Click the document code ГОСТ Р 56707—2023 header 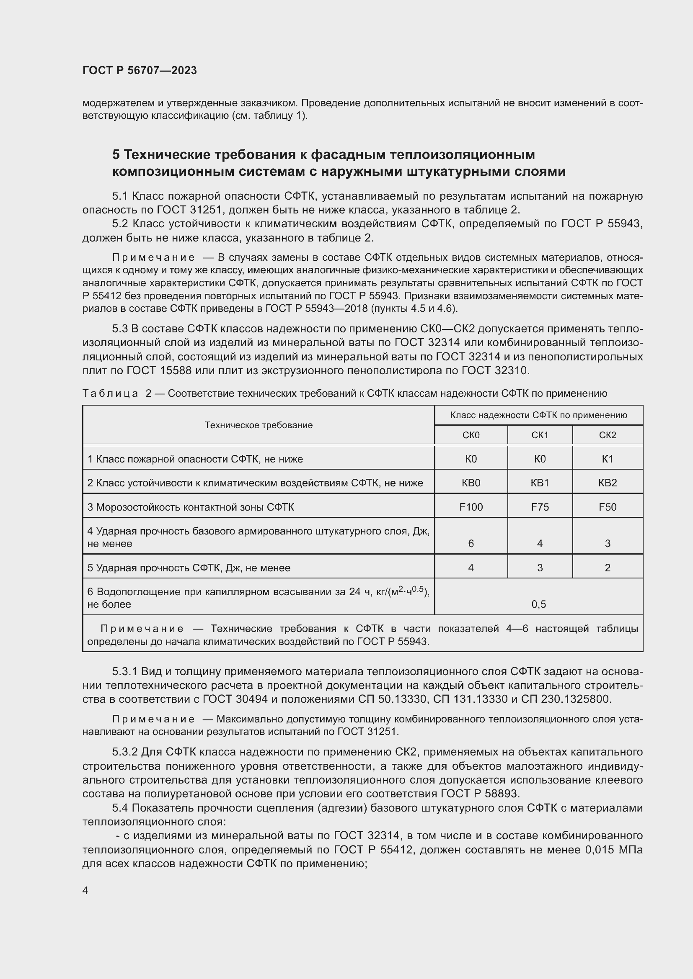coord(140,70)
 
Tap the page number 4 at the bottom coord(85,891)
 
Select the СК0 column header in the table coord(471,435)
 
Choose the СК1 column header coord(540,435)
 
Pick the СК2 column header coord(608,435)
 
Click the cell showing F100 coord(471,507)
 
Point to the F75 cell coord(540,507)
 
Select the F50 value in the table coord(608,507)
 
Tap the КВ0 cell coord(471,483)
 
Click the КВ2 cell coord(608,483)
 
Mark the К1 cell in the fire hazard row coord(608,459)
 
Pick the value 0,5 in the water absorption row coord(539,604)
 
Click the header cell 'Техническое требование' coord(259,425)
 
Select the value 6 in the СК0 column coord(471,544)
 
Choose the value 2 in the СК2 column coord(608,568)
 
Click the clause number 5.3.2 coord(125,752)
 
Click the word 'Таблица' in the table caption coord(110,393)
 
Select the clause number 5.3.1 coord(124,671)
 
